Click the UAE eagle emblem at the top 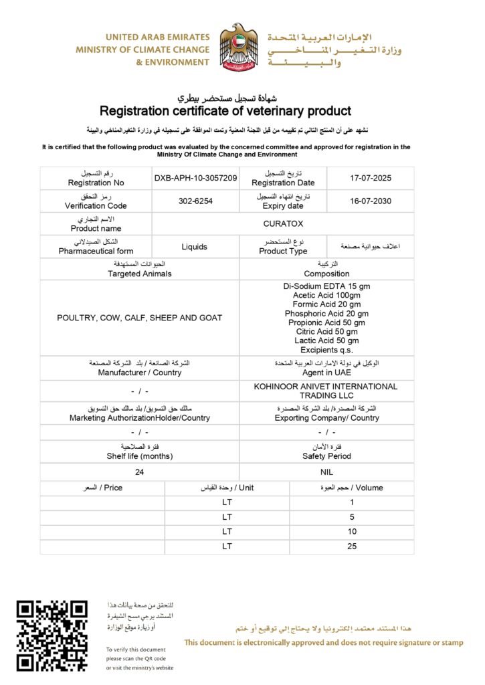click(239, 47)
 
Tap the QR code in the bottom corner click(52, 635)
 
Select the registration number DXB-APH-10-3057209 click(195, 179)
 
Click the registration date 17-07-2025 click(370, 179)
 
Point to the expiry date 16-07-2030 click(370, 201)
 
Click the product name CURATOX click(283, 224)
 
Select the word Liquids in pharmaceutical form click(195, 247)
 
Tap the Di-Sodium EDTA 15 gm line click(326, 286)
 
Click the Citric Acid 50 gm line click(326, 331)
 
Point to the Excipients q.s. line click(326, 350)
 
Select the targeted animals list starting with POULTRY click(139, 318)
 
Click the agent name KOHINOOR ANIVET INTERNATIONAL click(326, 386)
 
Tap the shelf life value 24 click(139, 472)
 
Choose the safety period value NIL click(326, 472)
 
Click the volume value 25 click(352, 546)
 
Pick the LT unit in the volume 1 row click(227, 502)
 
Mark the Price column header click(102, 488)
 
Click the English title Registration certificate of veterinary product click(225, 111)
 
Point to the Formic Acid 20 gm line click(326, 304)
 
